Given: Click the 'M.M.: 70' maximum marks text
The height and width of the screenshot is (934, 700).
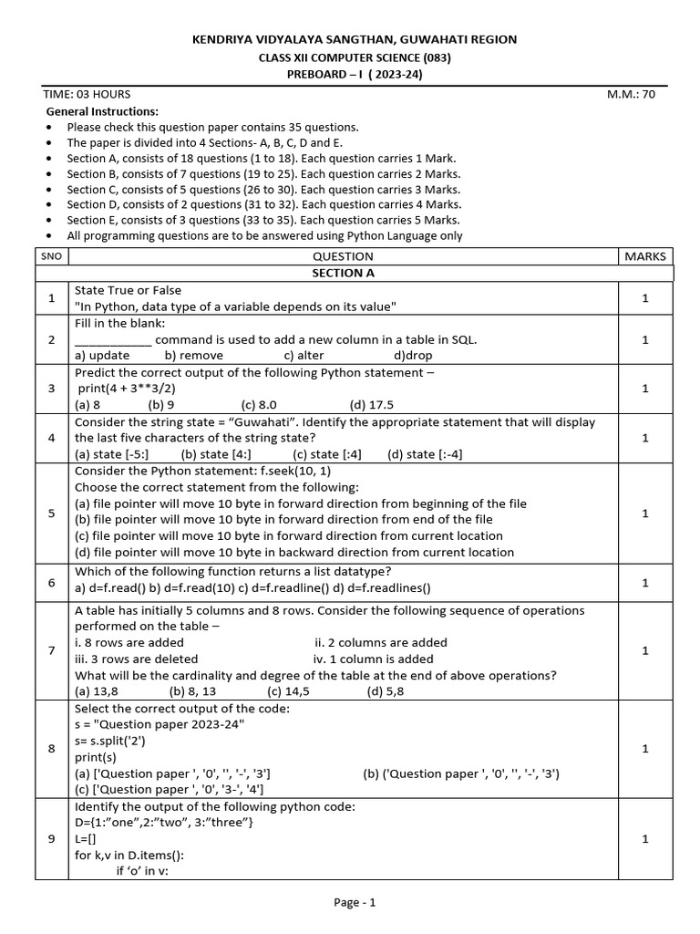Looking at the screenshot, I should [631, 94].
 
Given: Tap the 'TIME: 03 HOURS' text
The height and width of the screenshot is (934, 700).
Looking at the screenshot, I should [87, 94].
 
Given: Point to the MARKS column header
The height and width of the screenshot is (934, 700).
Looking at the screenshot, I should [645, 256].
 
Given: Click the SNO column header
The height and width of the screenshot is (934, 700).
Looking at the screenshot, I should [52, 256].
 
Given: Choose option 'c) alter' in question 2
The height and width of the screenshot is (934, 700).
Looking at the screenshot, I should [304, 356].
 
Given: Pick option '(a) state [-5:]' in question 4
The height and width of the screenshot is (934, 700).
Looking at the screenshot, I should [112, 454].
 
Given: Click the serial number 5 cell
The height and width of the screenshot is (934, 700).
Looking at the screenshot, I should [52, 513].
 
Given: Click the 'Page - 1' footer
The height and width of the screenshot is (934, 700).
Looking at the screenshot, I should [355, 903].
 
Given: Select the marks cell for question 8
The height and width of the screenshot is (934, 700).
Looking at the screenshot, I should [644, 748].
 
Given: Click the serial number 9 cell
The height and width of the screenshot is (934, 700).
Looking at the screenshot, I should [52, 839].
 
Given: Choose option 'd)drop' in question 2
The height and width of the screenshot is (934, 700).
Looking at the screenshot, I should [413, 356].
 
